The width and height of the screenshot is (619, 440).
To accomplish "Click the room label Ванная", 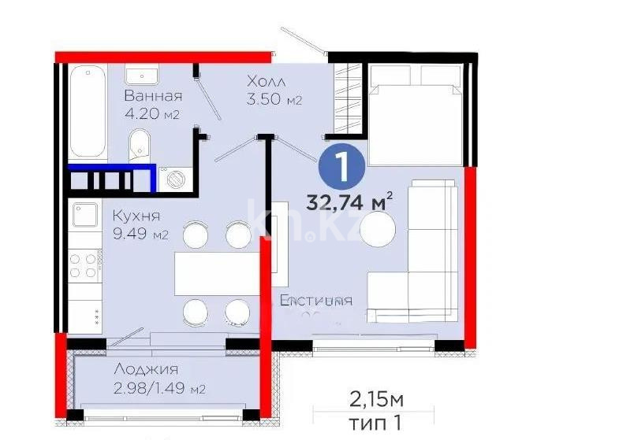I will (153, 97).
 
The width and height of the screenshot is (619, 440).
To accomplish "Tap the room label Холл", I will (266, 82).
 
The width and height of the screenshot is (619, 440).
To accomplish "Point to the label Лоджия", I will (146, 369).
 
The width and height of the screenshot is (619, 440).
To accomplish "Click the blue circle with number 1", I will (341, 166).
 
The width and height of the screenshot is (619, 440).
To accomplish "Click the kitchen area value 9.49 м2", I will (140, 235).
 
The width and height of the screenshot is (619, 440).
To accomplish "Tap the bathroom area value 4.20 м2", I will (153, 115).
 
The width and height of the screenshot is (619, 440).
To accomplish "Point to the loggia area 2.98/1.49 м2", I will (160, 389).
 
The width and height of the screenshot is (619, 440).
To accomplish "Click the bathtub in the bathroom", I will (88, 114).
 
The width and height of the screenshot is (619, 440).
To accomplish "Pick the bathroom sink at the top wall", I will (142, 75).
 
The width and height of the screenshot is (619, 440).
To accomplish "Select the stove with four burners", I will (83, 263).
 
